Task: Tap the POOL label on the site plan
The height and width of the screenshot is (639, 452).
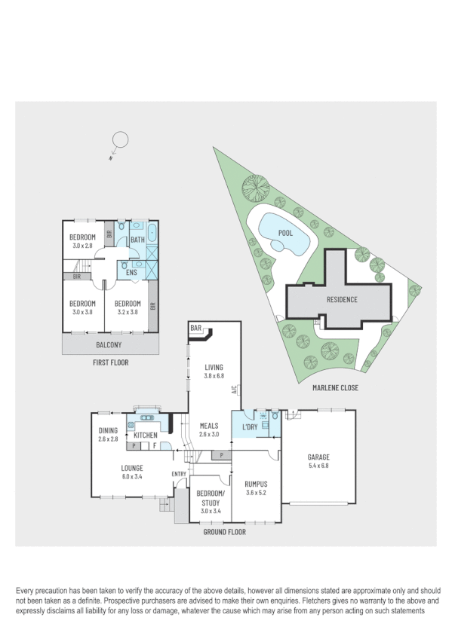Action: [285, 234]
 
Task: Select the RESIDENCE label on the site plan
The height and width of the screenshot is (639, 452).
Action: [342, 299]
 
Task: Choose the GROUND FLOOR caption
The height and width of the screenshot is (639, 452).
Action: [224, 531]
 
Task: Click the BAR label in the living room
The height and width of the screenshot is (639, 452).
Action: [197, 329]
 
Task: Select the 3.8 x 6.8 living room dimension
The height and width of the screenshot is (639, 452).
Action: [215, 375]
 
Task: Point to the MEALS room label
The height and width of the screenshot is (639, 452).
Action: [209, 426]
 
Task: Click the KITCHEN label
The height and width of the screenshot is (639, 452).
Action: [145, 435]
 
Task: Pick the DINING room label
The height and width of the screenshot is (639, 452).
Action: [108, 430]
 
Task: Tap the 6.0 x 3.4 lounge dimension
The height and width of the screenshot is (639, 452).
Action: [132, 476]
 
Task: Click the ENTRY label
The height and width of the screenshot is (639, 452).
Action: [179, 473]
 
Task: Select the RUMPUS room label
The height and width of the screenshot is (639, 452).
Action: [257, 484]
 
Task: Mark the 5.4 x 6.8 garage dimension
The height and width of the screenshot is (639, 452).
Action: [318, 466]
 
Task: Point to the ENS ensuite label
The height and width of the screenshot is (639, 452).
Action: [131, 272]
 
